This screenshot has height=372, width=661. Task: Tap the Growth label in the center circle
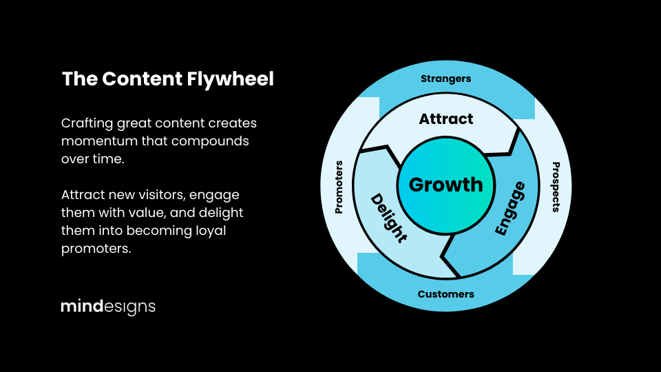446,185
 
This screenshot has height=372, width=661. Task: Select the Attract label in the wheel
446,119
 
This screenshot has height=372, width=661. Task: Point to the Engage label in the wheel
510,209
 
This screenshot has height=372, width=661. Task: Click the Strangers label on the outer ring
446,79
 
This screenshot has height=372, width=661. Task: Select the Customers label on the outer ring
446,294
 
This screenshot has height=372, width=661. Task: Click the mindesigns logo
108,307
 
